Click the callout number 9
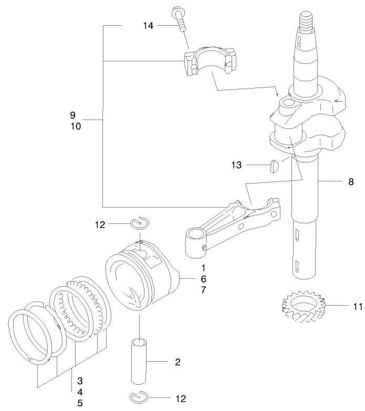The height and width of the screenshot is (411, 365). [73, 115]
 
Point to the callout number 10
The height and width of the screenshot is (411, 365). [75, 126]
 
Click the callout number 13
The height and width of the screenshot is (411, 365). [236, 165]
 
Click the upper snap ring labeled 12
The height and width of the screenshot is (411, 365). [140, 224]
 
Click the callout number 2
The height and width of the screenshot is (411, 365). [178, 362]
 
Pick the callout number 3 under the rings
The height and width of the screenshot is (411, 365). [80, 380]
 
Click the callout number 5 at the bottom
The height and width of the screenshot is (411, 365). [80, 403]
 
